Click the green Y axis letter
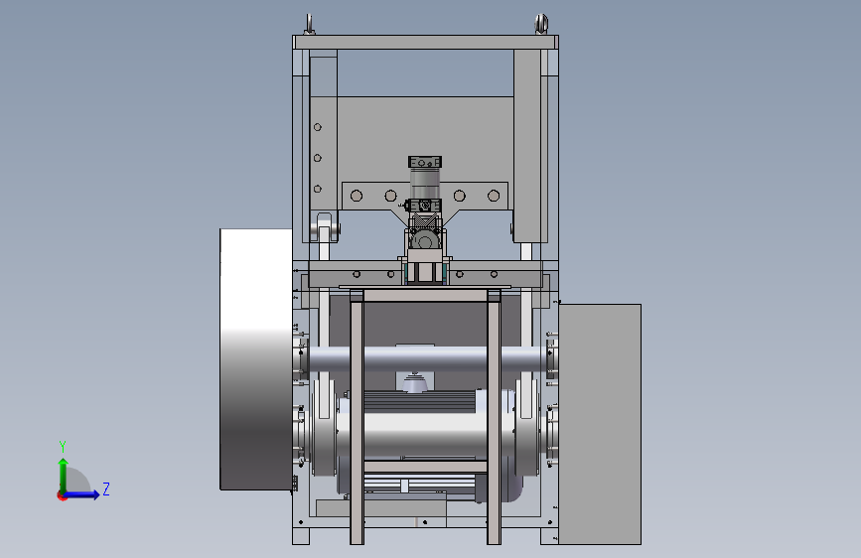pyautogui.click(x=63, y=446)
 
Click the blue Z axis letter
pyautogui.click(x=106, y=488)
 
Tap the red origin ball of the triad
pyautogui.click(x=62, y=495)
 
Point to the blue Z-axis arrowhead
pyautogui.click(x=95, y=494)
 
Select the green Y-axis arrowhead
pyautogui.click(x=64, y=463)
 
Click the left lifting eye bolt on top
pyautogui.click(x=310, y=25)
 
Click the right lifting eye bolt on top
pyautogui.click(x=541, y=24)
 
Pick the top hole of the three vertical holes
pyautogui.click(x=318, y=127)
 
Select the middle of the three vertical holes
pyautogui.click(x=318, y=158)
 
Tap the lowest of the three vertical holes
pyautogui.click(x=318, y=189)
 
